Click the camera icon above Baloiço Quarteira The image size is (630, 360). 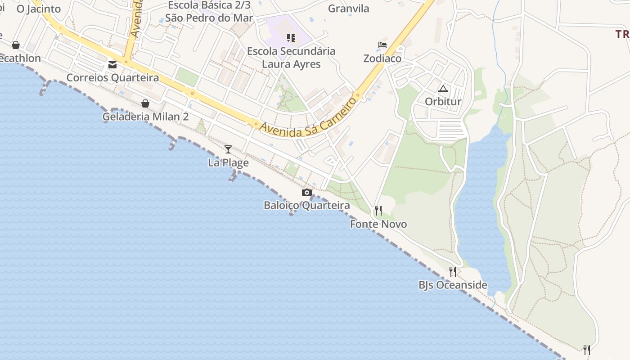click(307, 193)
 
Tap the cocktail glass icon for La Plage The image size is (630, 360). click(228, 149)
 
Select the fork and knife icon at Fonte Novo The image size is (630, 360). click(378, 210)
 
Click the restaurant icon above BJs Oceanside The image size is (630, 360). click(453, 271)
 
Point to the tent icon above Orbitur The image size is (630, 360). click(443, 89)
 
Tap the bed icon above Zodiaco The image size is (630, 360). click(382, 45)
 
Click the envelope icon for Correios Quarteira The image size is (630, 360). click(112, 65)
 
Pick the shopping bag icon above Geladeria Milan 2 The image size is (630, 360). click(145, 103)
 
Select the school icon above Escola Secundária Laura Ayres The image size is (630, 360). click(291, 38)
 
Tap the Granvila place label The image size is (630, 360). click(348, 9)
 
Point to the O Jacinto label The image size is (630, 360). click(39, 9)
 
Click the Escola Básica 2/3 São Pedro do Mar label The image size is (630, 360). click(209, 12)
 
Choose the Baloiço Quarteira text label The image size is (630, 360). click(307, 206)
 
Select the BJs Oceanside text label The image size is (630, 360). click(453, 285)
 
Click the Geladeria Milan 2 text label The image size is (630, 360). click(145, 117)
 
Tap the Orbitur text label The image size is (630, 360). click(443, 102)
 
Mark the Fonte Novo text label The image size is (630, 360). click(378, 224)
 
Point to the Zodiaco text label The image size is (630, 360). click(382, 58)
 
